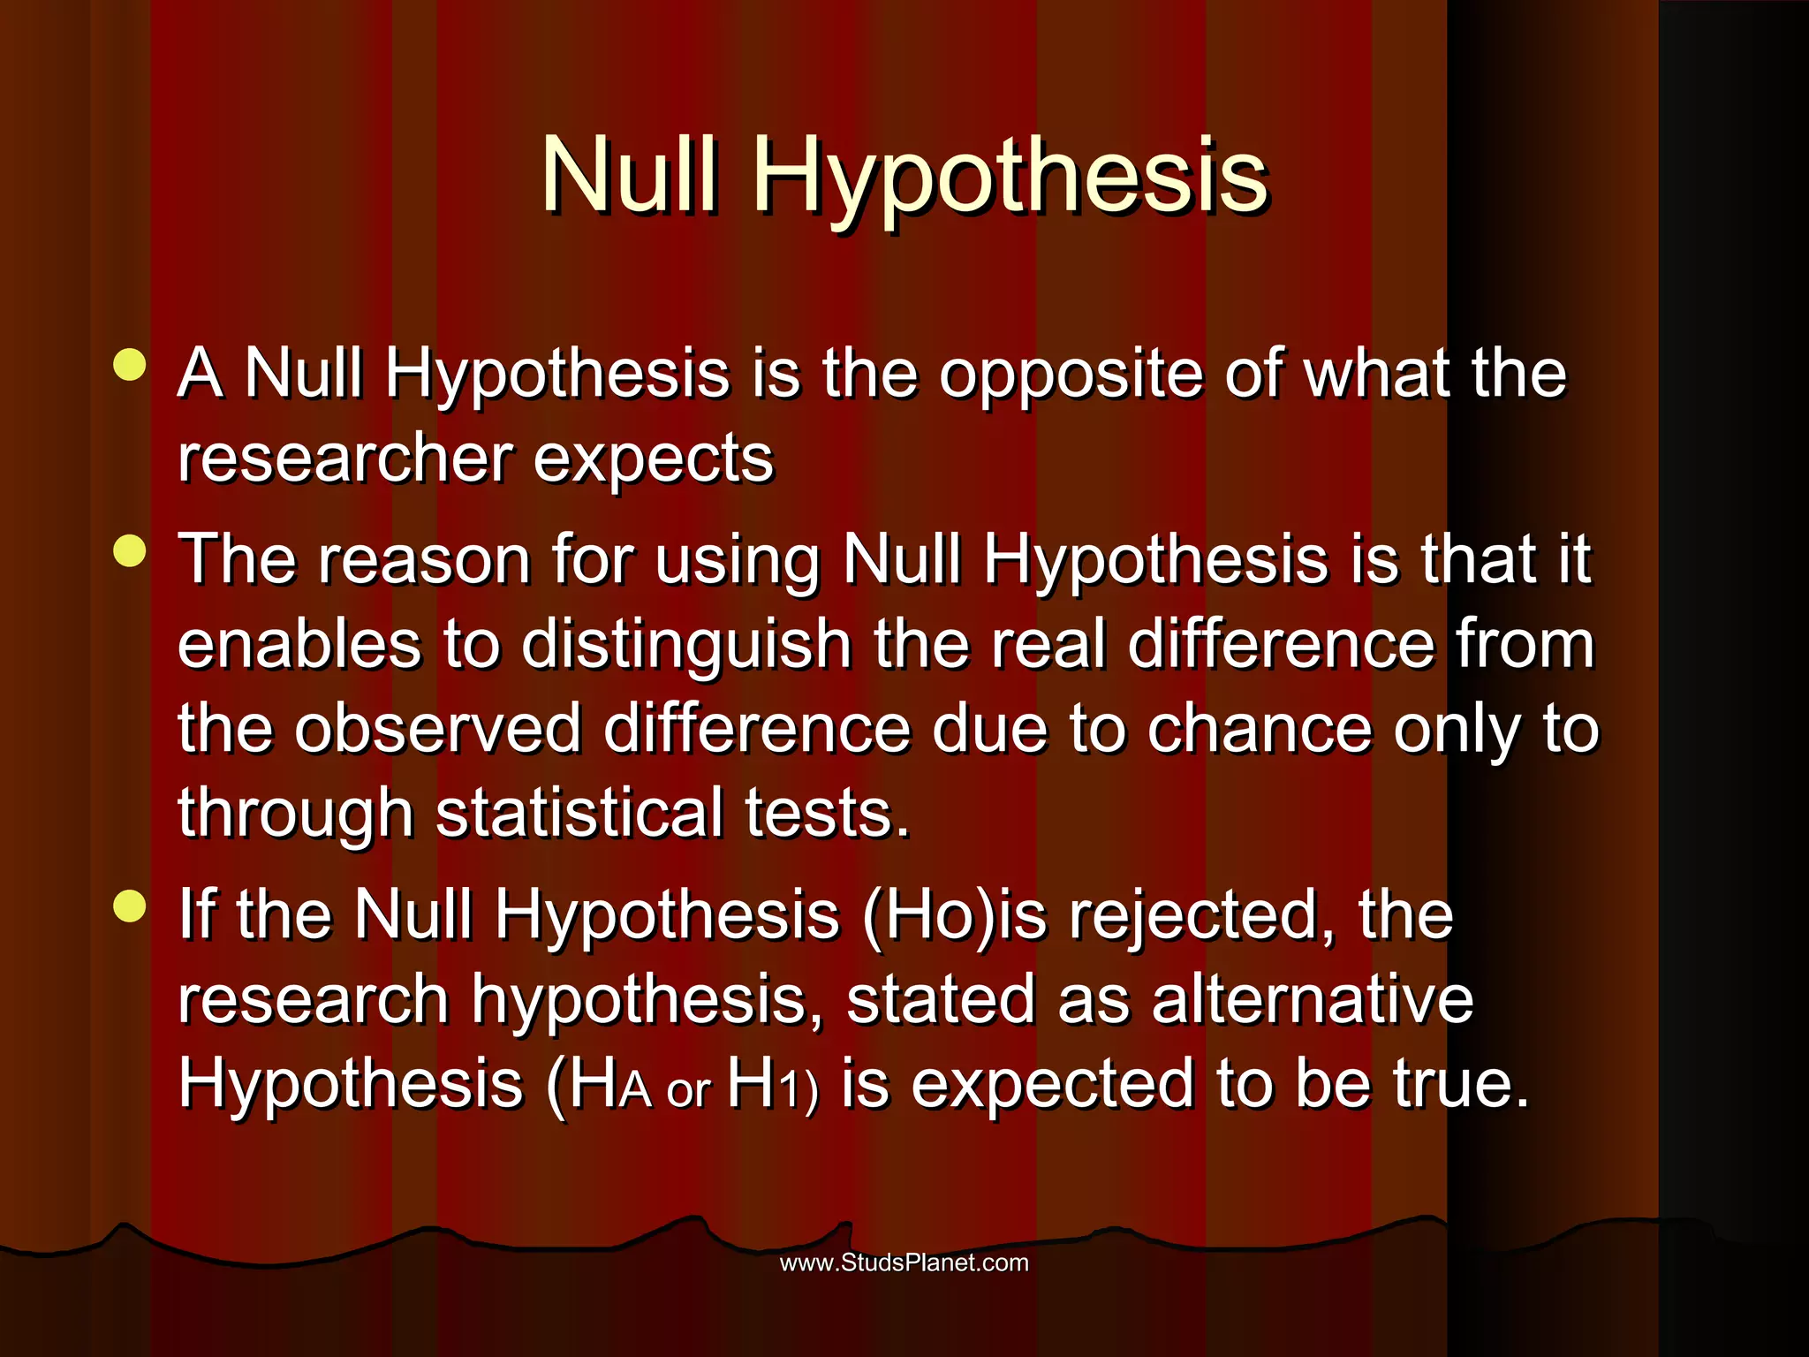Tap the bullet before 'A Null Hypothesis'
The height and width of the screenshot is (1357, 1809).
point(130,365)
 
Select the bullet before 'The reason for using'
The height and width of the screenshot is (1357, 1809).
point(130,551)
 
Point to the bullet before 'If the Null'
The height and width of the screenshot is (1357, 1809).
point(130,906)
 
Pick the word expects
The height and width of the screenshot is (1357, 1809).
point(653,459)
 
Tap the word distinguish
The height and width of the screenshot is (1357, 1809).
point(685,645)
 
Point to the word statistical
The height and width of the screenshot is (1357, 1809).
point(579,813)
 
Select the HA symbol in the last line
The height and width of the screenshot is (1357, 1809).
point(609,1085)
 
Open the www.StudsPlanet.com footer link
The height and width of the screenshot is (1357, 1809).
point(904,1262)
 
